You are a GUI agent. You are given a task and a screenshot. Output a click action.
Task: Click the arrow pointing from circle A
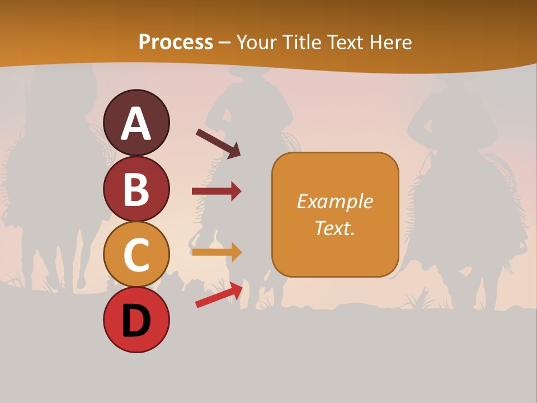218,143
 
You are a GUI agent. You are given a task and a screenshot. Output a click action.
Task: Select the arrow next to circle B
216,191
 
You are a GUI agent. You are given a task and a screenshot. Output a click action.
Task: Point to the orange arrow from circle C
216,252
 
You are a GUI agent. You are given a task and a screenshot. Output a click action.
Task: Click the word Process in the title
176,42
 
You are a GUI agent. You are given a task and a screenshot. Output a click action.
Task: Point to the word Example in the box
335,201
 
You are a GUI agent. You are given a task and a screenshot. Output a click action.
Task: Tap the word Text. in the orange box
335,228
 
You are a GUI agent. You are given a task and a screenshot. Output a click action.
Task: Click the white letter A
136,124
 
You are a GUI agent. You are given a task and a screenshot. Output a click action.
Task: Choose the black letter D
136,321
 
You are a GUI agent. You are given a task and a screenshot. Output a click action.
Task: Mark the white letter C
136,255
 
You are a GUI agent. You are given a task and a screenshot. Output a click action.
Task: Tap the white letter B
136,189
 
